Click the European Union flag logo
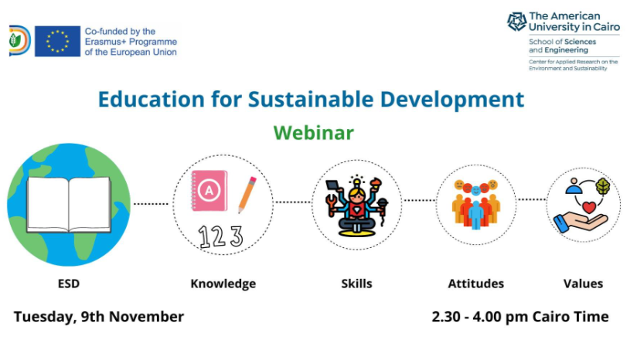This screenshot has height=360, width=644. (x=57, y=41)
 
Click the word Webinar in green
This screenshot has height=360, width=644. (x=313, y=133)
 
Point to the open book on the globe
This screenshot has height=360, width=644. (x=68, y=204)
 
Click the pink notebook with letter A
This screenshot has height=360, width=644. (x=209, y=190)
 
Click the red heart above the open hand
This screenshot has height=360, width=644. (x=589, y=207)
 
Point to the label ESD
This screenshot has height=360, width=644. (x=68, y=284)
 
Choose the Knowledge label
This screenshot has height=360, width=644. (x=223, y=284)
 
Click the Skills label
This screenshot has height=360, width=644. (x=356, y=284)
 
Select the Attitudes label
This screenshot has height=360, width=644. (x=475, y=284)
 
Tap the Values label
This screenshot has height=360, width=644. (x=583, y=284)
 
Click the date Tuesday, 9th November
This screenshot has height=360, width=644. (x=99, y=317)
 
